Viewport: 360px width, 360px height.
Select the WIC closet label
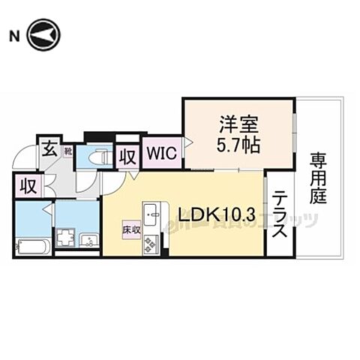[161, 154]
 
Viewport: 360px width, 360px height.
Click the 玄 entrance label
[48, 147]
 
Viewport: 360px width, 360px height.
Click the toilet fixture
[96, 157]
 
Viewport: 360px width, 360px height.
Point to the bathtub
[32, 245]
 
